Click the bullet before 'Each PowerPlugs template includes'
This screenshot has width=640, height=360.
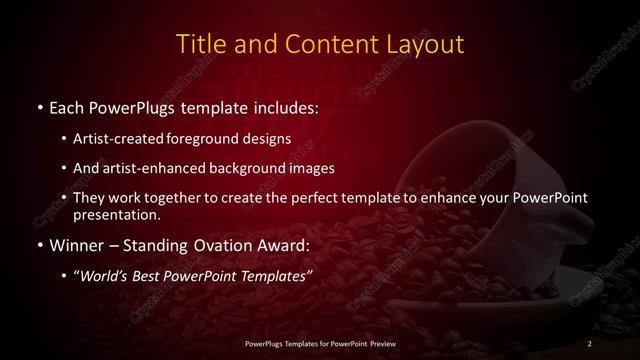tap(38, 105)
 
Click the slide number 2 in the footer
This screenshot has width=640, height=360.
tap(590, 344)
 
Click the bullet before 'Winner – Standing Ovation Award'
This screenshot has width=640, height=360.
tap(38, 245)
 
